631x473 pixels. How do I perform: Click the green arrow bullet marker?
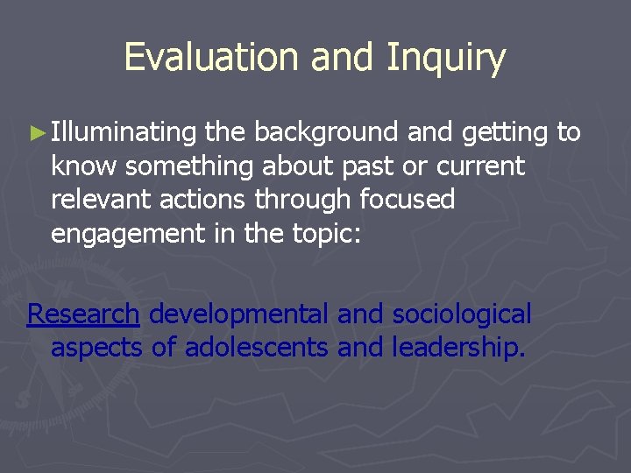(36, 133)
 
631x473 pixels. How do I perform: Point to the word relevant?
(103, 201)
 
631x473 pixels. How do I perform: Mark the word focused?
(408, 201)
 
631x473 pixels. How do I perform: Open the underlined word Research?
(83, 314)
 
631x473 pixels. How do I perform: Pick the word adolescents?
(256, 348)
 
